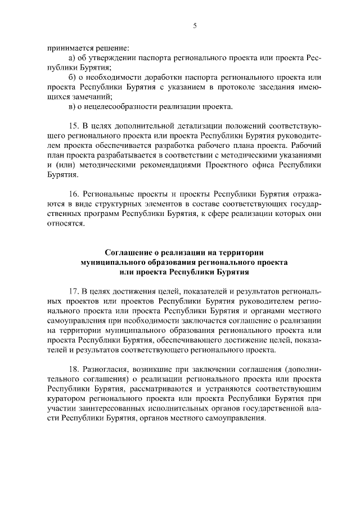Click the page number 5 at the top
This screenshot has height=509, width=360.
coord(195,25)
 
